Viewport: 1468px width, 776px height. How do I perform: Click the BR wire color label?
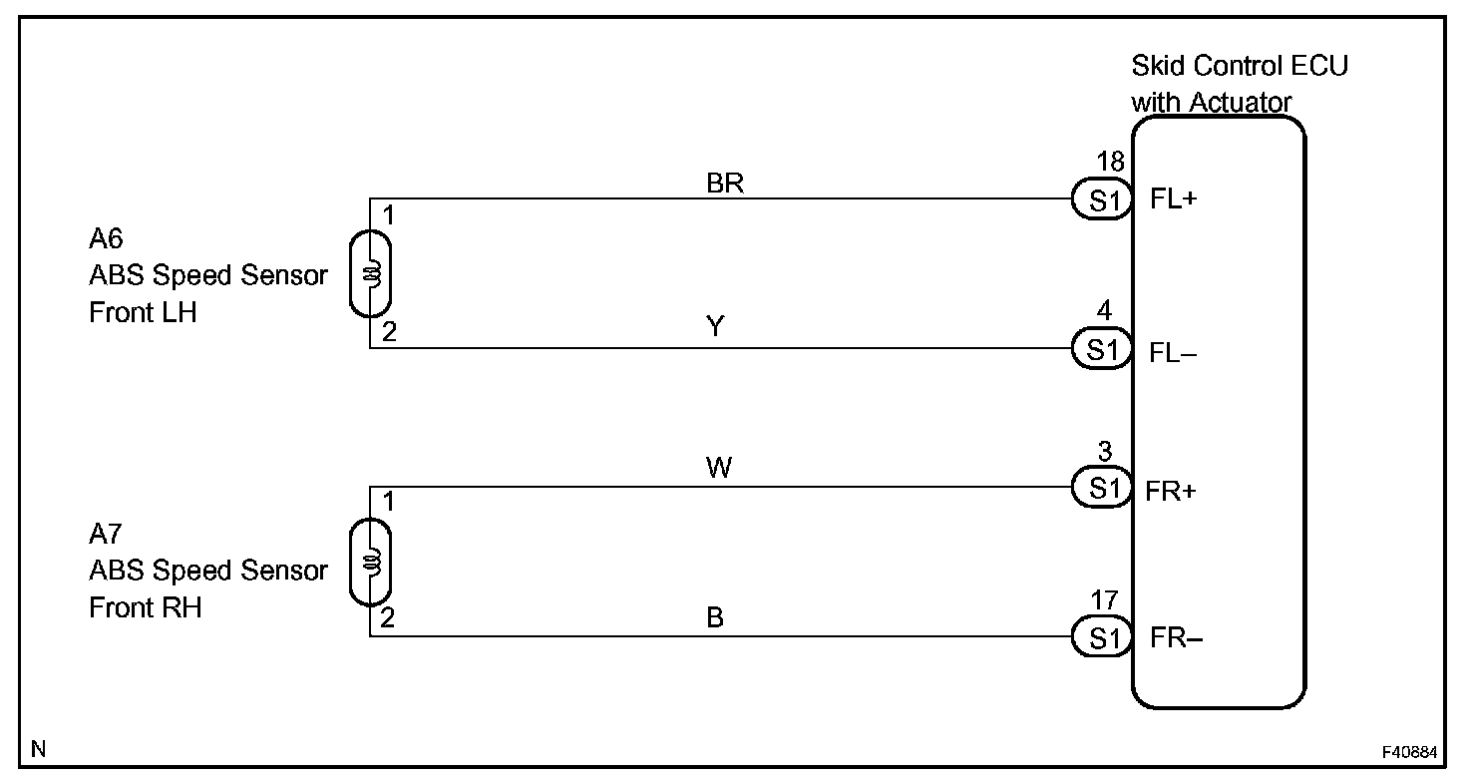725,185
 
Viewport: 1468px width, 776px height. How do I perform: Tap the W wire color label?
719,468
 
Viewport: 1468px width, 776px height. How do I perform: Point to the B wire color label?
715,617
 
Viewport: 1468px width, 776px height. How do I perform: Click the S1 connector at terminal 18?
1102,201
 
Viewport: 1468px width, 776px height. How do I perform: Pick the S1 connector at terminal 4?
1102,349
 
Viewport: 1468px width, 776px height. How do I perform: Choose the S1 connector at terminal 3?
1102,488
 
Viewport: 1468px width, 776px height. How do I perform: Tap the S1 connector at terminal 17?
1102,637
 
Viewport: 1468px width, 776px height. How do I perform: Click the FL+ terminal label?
1173,199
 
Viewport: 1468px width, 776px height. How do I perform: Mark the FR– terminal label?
1177,637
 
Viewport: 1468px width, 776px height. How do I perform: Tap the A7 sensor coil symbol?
371,563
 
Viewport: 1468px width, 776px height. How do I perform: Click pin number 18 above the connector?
1110,162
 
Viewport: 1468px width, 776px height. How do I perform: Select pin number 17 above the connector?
1105,599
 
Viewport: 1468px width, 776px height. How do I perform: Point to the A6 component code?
105,239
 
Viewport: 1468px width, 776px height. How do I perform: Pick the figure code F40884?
1410,749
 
